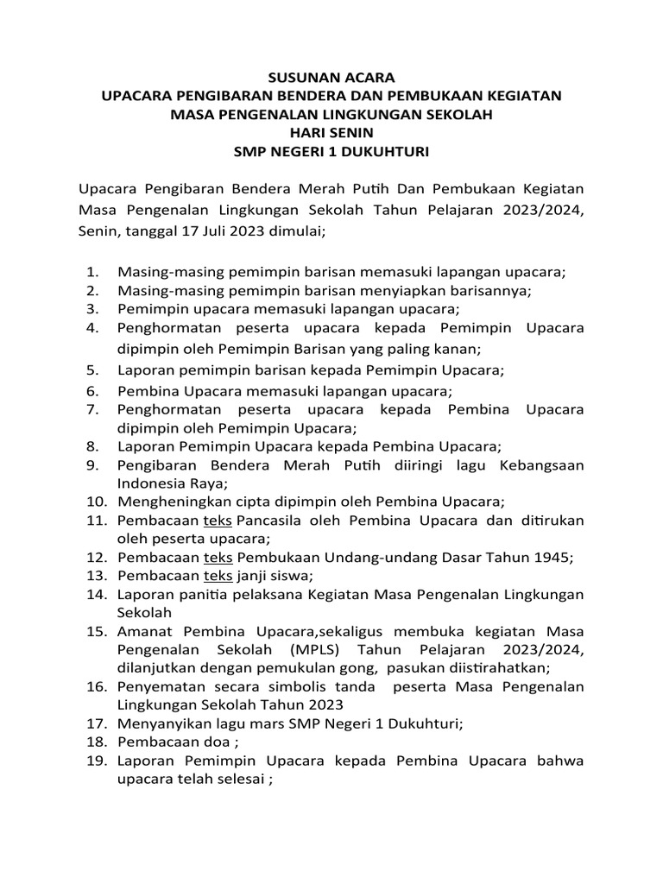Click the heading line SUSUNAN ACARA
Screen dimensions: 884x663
click(x=331, y=77)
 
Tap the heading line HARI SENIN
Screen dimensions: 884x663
click(x=331, y=133)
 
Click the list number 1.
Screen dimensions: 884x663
click(x=91, y=272)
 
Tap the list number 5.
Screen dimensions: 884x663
click(x=91, y=370)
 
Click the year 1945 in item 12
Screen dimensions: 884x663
click(x=551, y=558)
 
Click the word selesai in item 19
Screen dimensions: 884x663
click(x=234, y=780)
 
